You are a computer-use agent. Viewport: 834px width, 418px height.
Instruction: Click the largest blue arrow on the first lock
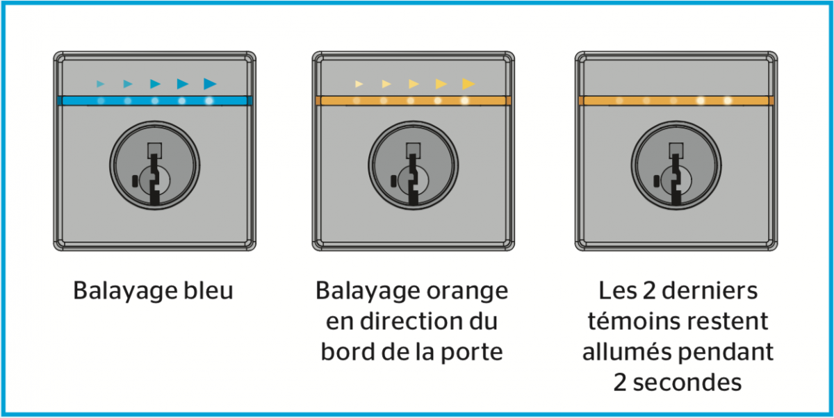coord(210,84)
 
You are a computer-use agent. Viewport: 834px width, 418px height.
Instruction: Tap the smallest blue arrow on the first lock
coord(100,84)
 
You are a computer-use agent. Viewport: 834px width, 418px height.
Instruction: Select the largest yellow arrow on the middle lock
coord(468,84)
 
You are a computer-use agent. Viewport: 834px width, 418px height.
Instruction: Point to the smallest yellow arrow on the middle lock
coord(359,84)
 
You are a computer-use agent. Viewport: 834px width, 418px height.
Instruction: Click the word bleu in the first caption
coord(208,290)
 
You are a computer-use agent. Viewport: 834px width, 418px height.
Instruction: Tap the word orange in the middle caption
coord(467,291)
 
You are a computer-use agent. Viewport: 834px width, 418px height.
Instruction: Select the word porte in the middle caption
coord(472,352)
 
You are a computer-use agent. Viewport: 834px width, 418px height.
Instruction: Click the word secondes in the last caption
coord(687,383)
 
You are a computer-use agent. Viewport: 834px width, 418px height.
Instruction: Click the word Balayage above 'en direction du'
coord(368,291)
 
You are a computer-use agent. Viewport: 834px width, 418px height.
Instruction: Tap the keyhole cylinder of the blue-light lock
coord(154,165)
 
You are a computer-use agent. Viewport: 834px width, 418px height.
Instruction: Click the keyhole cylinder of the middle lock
coord(414,165)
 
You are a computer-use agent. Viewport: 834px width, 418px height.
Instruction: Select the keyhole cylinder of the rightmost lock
coord(676,165)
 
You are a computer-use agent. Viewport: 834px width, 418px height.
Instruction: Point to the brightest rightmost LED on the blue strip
coord(209,101)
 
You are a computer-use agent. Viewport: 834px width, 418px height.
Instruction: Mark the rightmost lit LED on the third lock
coord(728,101)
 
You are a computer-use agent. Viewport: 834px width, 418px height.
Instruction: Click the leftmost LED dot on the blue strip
coord(101,101)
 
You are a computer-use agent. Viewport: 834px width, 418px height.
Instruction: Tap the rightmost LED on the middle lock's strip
coord(465,101)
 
